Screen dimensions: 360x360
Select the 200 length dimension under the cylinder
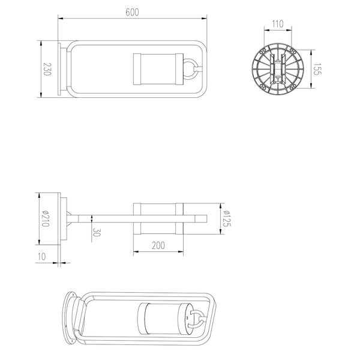158,246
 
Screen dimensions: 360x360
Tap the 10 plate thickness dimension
41,256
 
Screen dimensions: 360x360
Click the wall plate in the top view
61,68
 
